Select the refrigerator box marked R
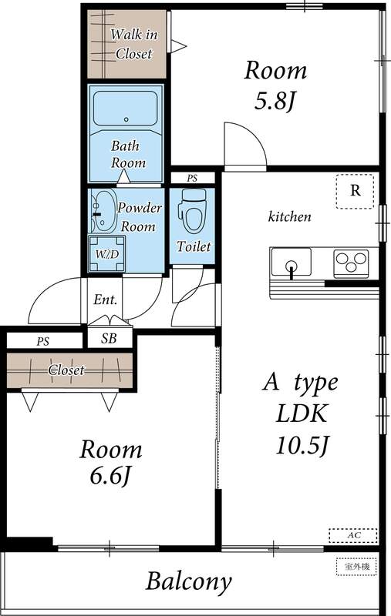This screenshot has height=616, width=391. click(x=355, y=191)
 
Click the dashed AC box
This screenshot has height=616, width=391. click(x=352, y=534)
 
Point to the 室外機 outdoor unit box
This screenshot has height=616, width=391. click(x=356, y=567)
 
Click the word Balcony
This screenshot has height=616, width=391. click(x=189, y=581)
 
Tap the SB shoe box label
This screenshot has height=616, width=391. click(x=109, y=339)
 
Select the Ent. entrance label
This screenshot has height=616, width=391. click(x=105, y=300)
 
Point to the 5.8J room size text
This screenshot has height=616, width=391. click(x=275, y=102)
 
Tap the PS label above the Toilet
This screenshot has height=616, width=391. click(x=192, y=178)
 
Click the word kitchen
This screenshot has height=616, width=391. click(x=289, y=217)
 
